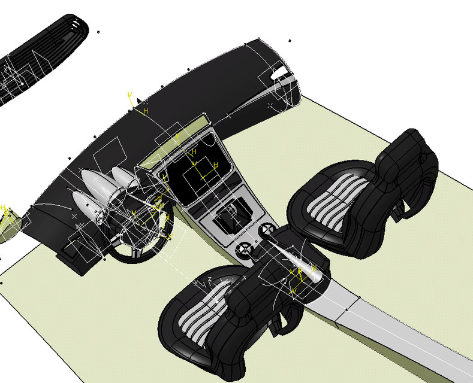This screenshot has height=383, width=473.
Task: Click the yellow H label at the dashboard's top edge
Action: (145, 111)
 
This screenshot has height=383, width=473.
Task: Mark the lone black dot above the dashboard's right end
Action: (290, 41)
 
